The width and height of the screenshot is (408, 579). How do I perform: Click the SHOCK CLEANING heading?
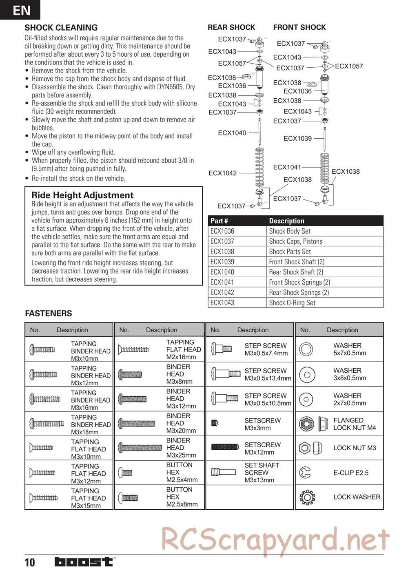[61, 28]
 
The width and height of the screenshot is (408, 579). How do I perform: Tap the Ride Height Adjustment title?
[82, 195]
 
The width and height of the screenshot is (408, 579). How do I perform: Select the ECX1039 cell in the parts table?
[222, 262]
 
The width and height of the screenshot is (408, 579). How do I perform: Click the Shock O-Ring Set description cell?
[292, 303]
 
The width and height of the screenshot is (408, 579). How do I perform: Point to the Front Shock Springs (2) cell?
[299, 282]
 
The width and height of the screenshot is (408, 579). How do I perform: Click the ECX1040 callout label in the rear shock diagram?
[232, 133]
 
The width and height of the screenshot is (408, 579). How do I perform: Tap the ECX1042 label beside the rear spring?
[222, 173]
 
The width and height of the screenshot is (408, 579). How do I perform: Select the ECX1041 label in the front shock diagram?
[287, 167]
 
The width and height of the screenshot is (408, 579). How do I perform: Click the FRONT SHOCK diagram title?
[299, 27]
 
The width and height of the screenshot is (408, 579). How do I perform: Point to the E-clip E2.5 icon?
[305, 473]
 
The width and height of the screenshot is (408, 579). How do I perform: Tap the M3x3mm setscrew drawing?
[215, 423]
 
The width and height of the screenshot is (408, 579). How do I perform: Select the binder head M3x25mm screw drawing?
[140, 448]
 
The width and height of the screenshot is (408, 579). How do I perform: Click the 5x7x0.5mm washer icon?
[306, 349]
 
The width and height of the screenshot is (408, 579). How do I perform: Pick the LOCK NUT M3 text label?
[355, 448]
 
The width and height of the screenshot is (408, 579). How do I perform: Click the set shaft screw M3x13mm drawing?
[223, 472]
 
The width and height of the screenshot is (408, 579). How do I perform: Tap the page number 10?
[30, 563]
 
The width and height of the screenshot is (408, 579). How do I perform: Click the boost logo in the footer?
[84, 562]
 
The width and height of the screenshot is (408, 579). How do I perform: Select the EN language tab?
[20, 10]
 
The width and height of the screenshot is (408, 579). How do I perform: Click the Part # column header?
[219, 221]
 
